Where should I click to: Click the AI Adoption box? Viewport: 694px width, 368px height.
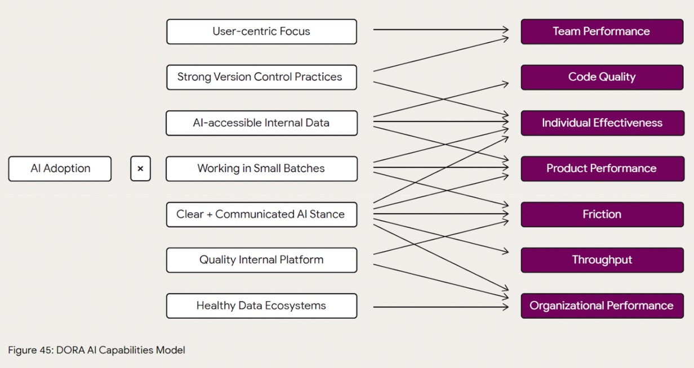point(60,169)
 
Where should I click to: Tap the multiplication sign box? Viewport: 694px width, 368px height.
point(140,169)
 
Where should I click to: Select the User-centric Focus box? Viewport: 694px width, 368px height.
point(261,32)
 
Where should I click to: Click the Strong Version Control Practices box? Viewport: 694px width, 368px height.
point(261,77)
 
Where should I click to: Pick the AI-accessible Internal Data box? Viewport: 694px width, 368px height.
point(261,123)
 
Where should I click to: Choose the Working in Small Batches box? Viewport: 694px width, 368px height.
point(261,169)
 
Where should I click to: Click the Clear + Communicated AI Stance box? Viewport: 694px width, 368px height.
point(261,214)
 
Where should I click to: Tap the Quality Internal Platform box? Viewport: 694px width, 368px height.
point(261,260)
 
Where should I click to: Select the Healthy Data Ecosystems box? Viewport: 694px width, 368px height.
point(261,306)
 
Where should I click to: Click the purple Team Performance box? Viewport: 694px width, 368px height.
point(602,32)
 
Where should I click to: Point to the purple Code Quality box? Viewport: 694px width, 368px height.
point(602,77)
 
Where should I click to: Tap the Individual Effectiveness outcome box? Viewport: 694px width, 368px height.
point(602,123)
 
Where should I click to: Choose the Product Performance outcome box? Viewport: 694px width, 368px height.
point(602,169)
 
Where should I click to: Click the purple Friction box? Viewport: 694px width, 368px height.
point(602,214)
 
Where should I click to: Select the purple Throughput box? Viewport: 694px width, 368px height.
point(602,260)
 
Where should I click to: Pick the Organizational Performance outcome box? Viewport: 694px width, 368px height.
point(602,306)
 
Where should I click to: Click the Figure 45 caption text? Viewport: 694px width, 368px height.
point(96,350)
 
